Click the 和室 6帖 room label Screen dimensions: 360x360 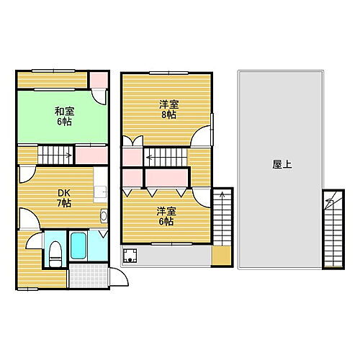(64, 116)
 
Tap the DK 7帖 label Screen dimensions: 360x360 (64, 198)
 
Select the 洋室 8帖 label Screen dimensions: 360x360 (169, 109)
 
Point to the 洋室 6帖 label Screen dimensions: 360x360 (166, 216)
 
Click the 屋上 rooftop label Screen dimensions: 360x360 (282, 165)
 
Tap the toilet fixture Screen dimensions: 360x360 (54, 252)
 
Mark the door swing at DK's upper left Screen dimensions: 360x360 (25, 174)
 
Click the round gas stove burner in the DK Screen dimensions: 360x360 (104, 216)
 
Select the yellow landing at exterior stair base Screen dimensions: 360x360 (222, 256)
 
